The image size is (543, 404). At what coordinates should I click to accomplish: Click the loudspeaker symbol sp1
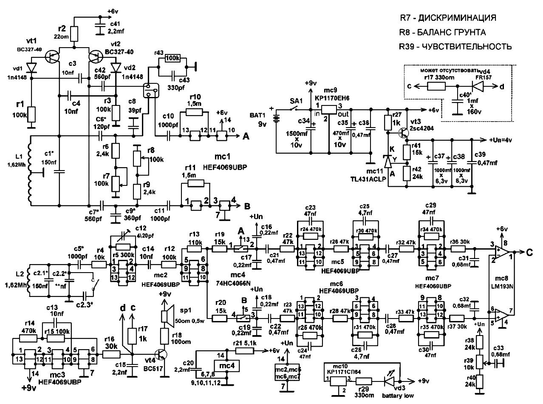[166, 316]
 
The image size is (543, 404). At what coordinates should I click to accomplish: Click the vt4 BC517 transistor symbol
[161, 354]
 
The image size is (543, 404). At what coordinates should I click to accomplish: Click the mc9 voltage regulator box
[329, 109]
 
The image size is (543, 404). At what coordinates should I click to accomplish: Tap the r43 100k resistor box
[173, 58]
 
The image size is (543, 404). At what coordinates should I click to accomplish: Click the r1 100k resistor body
[31, 114]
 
